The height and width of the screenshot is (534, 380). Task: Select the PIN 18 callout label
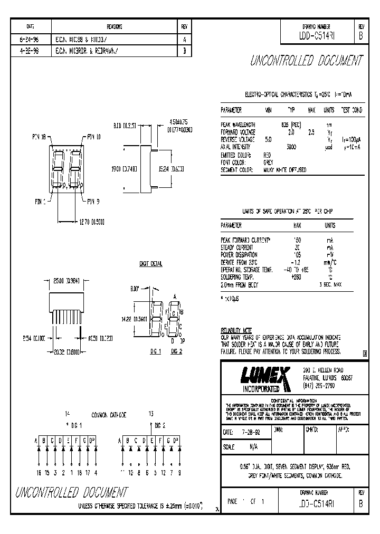39,136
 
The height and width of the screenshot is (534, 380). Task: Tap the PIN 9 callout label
93,201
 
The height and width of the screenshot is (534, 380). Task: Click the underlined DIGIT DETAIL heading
151,263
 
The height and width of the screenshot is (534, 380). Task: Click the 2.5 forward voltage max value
311,132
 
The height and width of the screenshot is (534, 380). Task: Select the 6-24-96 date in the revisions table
30,39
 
